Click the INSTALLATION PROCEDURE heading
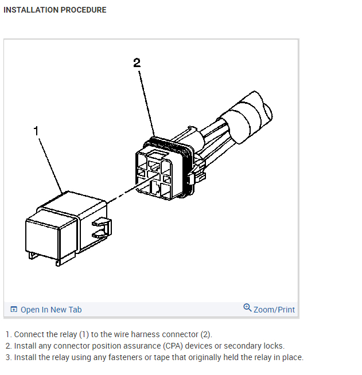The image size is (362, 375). click(55, 10)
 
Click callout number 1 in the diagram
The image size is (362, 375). click(36, 131)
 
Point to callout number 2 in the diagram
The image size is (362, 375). click(137, 63)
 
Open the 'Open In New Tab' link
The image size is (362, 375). click(51, 310)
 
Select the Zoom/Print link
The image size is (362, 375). click(274, 310)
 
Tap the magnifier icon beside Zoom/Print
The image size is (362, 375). click(247, 308)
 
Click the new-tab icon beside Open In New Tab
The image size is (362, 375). click(14, 310)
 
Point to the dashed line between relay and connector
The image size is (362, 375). click(120, 195)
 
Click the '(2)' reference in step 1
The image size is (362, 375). click(206, 334)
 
